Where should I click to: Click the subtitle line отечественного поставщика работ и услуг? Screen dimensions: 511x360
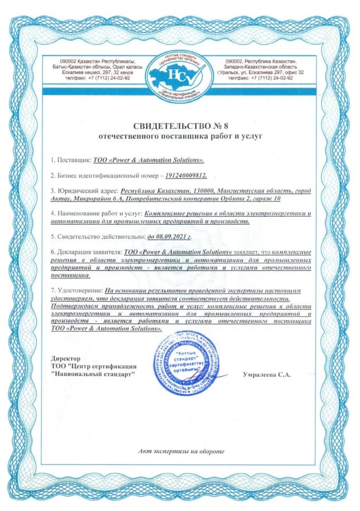pos(180,137)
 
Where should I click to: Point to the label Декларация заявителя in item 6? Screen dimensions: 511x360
pos(89,251)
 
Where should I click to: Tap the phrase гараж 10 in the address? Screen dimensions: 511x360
pos(267,198)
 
